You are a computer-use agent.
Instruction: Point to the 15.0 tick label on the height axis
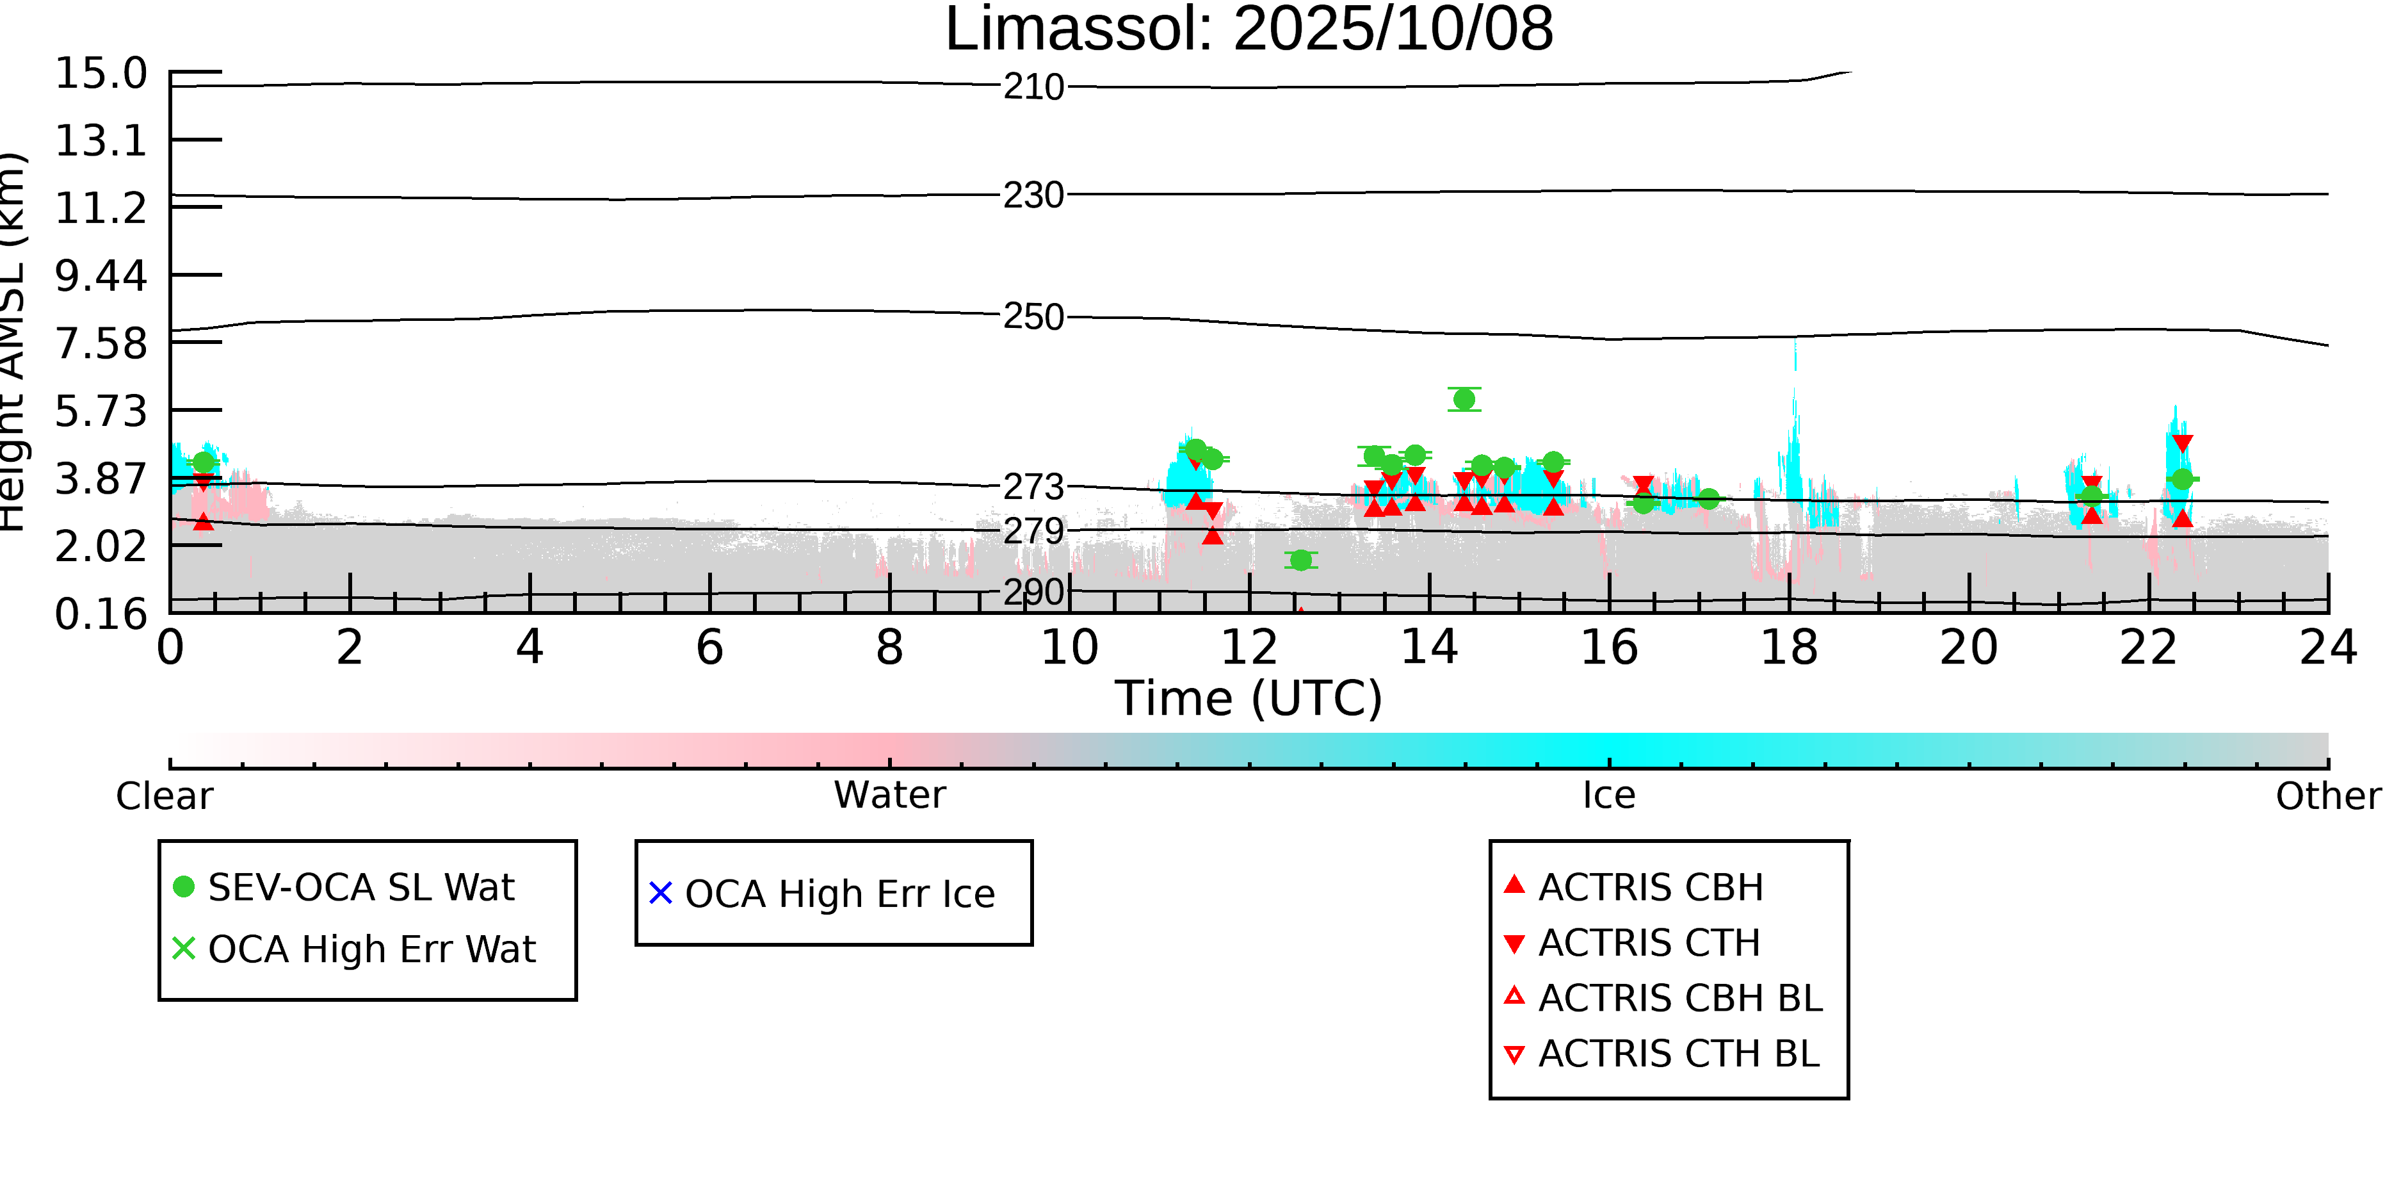101,74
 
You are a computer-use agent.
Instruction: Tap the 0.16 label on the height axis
101,614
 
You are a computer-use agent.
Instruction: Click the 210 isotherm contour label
1033,88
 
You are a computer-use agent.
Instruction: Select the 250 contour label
1033,317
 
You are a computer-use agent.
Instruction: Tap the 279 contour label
1033,532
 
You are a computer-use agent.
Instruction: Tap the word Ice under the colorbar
1609,796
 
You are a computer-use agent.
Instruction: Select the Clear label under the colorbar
164,796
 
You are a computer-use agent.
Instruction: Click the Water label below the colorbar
889,796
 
